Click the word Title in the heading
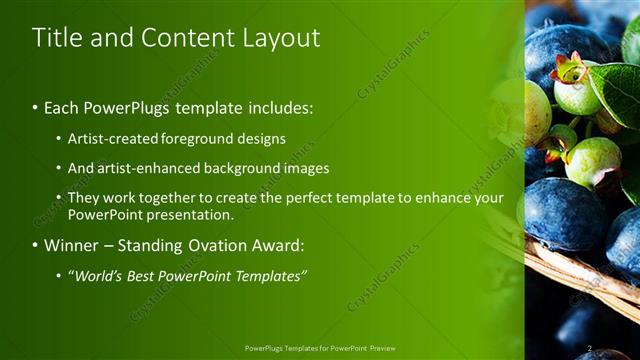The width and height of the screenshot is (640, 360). [55, 38]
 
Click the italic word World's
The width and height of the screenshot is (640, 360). [99, 275]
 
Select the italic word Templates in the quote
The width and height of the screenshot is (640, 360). [270, 275]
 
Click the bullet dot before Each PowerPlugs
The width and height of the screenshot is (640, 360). [36, 107]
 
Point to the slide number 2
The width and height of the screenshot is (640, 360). [590, 348]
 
